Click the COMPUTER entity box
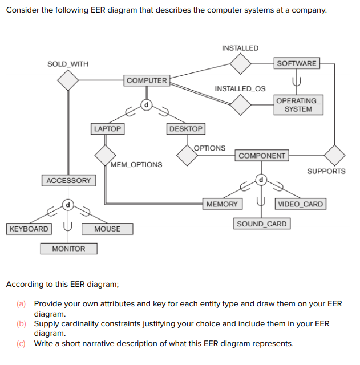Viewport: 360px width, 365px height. tap(147, 80)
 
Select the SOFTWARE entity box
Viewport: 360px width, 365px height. tap(296, 63)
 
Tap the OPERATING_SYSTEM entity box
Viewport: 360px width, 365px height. tap(298, 105)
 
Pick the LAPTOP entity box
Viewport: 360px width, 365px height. tap(107, 129)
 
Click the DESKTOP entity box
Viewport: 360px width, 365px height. tap(186, 129)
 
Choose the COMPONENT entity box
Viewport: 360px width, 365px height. tap(262, 156)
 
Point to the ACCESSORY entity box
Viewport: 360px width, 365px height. tap(68, 181)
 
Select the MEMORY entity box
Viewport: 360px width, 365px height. tap(222, 204)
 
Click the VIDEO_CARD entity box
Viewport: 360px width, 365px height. tap(300, 204)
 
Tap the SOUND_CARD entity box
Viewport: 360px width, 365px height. tap(261, 224)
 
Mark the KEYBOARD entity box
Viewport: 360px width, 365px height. tap(29, 229)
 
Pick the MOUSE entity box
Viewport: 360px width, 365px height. tap(107, 229)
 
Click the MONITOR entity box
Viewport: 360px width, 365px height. tap(68, 249)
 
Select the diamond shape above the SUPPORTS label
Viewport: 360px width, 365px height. tap(334, 155)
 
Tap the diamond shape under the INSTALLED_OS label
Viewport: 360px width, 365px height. tap(241, 104)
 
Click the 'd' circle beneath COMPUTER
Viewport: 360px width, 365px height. tap(146, 105)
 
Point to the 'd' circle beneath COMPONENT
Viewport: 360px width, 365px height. tap(261, 180)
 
